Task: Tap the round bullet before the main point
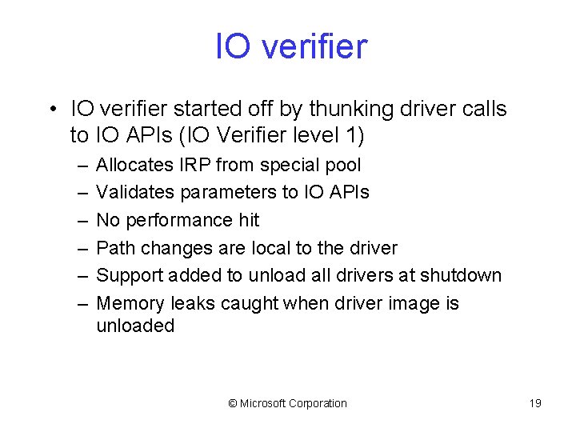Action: point(50,108)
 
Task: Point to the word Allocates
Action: point(134,166)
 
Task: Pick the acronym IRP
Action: point(196,166)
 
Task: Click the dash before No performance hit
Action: point(83,220)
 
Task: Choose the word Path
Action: point(115,248)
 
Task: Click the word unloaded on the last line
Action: point(135,326)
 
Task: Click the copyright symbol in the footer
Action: point(233,403)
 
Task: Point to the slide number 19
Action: point(535,403)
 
